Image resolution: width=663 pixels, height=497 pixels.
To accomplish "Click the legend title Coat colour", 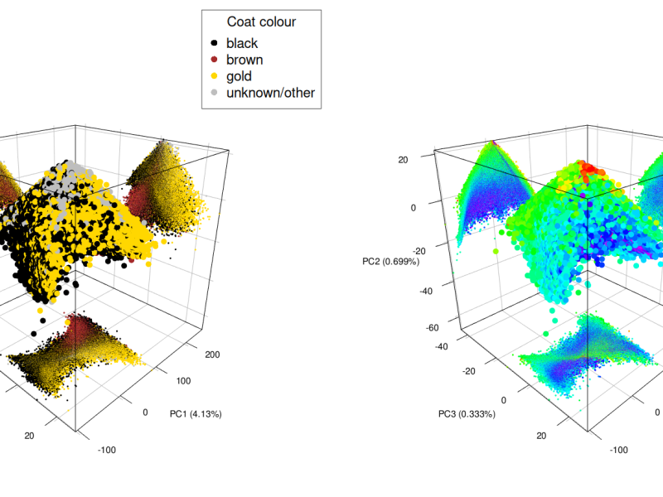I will coord(261,22).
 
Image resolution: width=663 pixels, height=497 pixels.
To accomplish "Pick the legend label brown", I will coord(244,60).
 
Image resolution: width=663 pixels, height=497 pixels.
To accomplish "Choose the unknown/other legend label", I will coord(270,93).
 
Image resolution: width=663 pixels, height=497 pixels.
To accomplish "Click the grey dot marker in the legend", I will coord(215,93).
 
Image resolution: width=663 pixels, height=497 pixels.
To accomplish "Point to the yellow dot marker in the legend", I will coord(215,76).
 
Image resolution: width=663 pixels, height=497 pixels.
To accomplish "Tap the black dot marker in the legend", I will coord(215,43).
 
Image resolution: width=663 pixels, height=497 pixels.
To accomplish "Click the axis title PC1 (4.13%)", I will coord(196,413).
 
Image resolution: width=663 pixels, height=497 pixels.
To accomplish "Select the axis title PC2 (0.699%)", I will coord(390,261).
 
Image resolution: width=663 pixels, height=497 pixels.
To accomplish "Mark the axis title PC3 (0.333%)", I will coord(467,413).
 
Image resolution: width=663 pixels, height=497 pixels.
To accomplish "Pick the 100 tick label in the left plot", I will coord(183,381).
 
